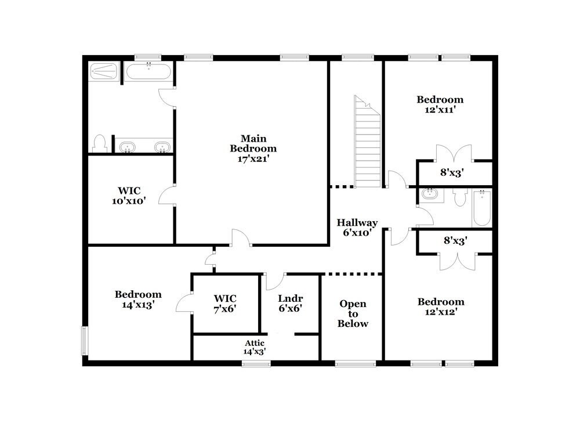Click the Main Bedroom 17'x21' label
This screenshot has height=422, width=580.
(x=253, y=148)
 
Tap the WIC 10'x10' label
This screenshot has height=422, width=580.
(x=129, y=196)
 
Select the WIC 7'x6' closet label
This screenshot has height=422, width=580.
(x=225, y=303)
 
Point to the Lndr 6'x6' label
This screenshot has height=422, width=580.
(x=290, y=303)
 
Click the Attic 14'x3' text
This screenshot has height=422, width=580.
(x=255, y=347)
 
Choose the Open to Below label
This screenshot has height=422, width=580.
(x=353, y=313)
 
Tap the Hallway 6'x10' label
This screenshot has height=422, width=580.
(x=357, y=228)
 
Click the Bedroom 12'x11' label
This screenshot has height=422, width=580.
(x=440, y=104)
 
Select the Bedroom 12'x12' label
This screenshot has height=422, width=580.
(x=441, y=307)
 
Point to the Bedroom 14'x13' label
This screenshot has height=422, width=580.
(x=138, y=300)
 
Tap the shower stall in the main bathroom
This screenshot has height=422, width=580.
(x=104, y=73)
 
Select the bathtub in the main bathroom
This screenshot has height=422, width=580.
(x=148, y=73)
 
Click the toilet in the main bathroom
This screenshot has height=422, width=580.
(x=100, y=143)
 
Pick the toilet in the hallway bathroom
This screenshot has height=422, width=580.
(x=461, y=197)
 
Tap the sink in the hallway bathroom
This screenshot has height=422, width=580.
(x=430, y=195)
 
